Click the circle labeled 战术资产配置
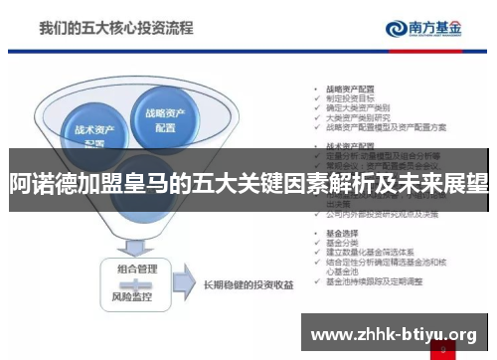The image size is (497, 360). [x=93, y=133]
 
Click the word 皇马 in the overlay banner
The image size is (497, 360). [x=159, y=183]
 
